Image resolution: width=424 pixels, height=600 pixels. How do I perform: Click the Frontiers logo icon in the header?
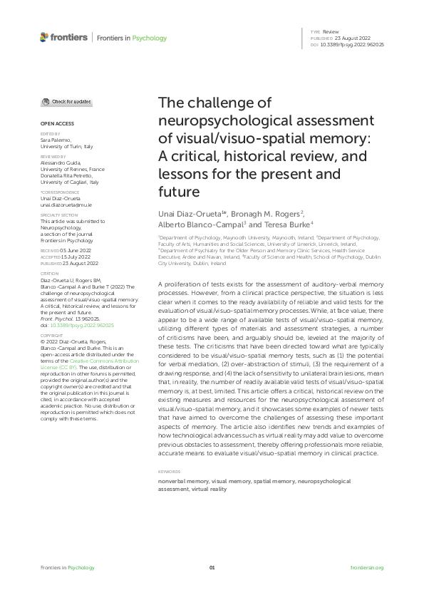tap(44, 37)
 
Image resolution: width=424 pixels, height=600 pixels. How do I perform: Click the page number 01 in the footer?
tap(212, 567)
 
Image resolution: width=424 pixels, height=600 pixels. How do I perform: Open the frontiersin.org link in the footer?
tap(367, 567)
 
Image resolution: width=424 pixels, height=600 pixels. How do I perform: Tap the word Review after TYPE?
tap(331, 33)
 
